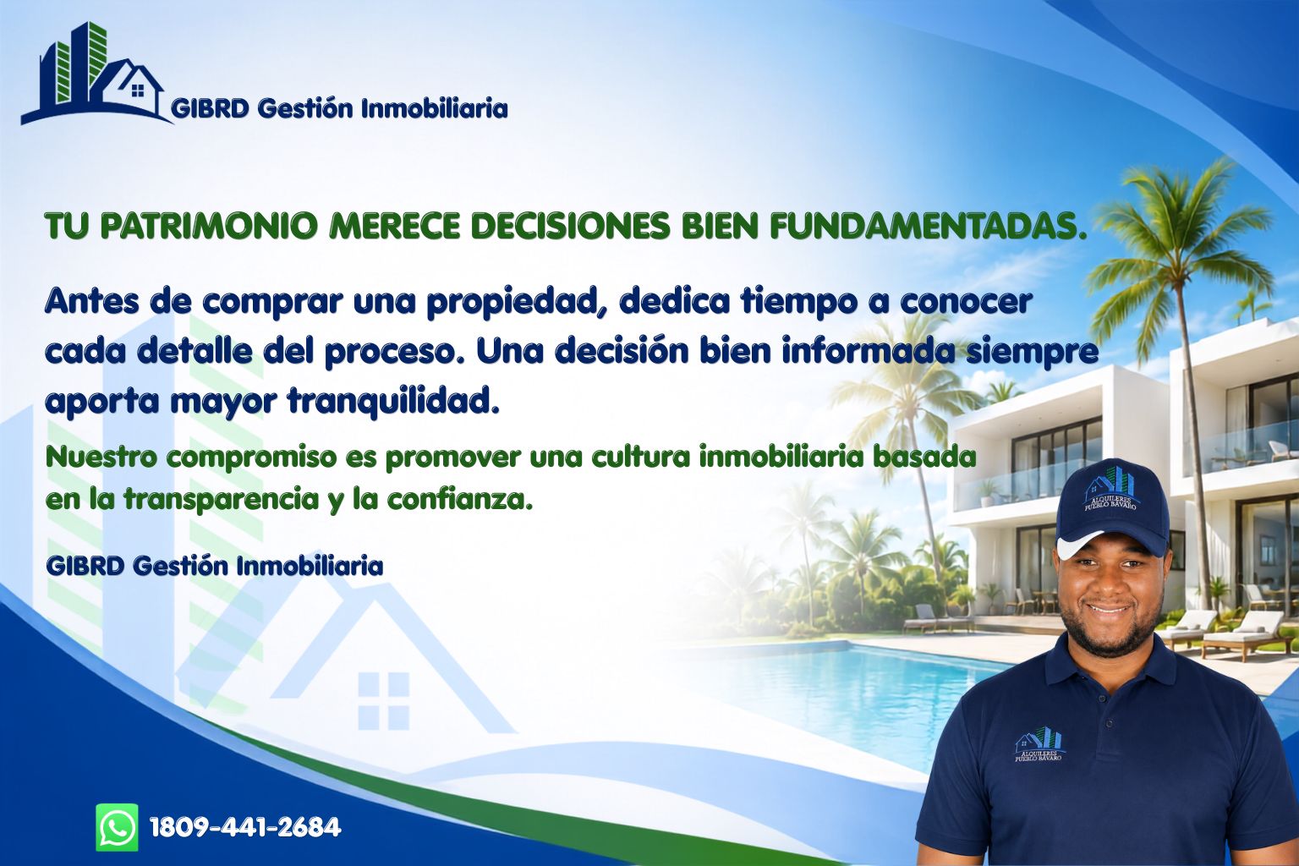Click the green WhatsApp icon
click(118, 827)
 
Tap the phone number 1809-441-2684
click(245, 827)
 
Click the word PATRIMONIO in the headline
click(209, 226)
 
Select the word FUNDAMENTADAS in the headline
click(927, 226)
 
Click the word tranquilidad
click(393, 401)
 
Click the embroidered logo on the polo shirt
click(1039, 744)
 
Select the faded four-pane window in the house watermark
click(383, 700)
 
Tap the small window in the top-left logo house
click(138, 90)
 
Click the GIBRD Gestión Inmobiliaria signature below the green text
click(215, 566)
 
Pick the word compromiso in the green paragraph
click(252, 458)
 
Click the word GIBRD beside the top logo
click(210, 108)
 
